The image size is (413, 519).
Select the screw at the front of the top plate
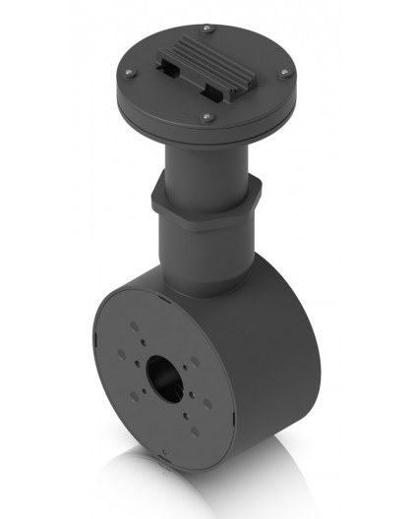(x=206, y=117)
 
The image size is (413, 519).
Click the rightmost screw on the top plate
(x=283, y=73)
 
